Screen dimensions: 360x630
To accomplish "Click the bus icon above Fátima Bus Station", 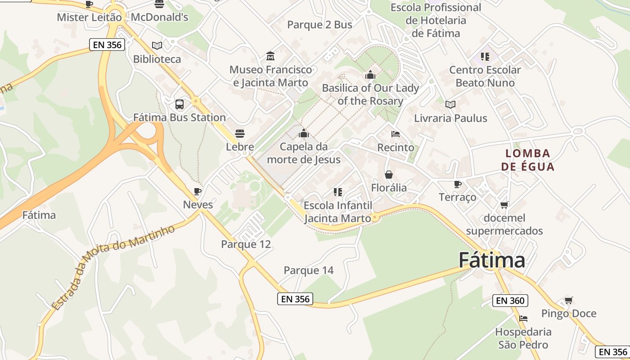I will tap(180, 104).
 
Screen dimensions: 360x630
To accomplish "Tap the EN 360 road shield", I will tap(510, 301).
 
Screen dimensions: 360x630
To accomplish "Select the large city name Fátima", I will tap(492, 261).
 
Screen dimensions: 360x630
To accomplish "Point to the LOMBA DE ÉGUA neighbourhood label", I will tap(527, 160).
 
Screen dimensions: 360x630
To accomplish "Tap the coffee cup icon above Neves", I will tap(197, 191).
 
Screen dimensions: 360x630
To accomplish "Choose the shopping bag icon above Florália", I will tap(389, 175).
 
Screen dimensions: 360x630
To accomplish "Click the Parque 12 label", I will tap(246, 244).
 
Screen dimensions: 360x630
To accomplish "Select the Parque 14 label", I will tap(309, 270).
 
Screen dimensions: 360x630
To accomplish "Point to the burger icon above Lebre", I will tap(240, 134).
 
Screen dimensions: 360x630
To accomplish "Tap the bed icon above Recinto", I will tap(396, 134).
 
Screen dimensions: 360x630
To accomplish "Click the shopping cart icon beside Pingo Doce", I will tap(569, 300).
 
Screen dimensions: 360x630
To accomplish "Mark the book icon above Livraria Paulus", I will tap(450, 104).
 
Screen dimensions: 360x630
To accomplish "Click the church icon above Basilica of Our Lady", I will tap(370, 74).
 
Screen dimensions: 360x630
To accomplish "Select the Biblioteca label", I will tap(157, 59).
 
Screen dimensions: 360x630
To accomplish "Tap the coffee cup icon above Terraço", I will tap(458, 184).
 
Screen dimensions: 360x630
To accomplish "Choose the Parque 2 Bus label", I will tap(319, 25).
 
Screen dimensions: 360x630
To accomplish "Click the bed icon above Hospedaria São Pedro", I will tap(523, 319).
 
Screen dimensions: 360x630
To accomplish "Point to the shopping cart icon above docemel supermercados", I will tap(504, 205).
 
